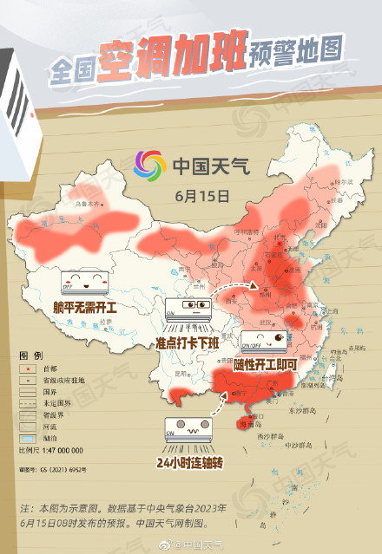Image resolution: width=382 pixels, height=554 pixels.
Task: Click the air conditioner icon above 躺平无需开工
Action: tap(85, 282)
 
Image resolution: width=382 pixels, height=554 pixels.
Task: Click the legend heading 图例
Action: tap(31, 356)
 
